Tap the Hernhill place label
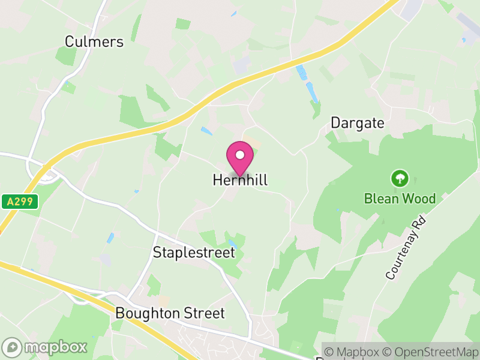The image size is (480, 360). pyautogui.click(x=240, y=180)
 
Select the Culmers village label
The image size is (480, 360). pyautogui.click(x=94, y=41)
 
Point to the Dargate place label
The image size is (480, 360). pyautogui.click(x=358, y=123)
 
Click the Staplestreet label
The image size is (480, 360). pyautogui.click(x=194, y=253)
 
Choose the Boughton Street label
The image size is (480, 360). pyautogui.click(x=170, y=313)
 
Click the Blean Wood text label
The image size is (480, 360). pyautogui.click(x=400, y=199)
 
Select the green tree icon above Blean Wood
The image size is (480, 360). pyautogui.click(x=399, y=178)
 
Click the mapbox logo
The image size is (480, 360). pyautogui.click(x=45, y=347)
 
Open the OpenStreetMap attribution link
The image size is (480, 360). pyautogui.click(x=430, y=352)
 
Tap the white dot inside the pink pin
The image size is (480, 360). pyautogui.click(x=240, y=155)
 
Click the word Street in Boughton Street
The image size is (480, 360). pyautogui.click(x=204, y=313)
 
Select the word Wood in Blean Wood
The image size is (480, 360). pyautogui.click(x=419, y=199)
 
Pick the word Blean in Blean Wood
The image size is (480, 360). pyautogui.click(x=381, y=199)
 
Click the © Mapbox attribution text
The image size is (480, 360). pyautogui.click(x=354, y=352)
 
